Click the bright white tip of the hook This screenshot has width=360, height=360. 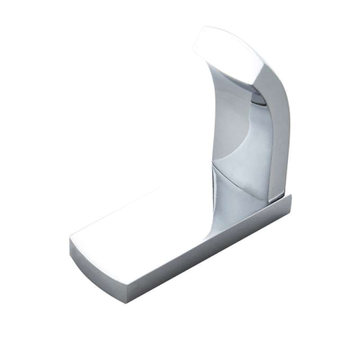pos(225,54)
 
